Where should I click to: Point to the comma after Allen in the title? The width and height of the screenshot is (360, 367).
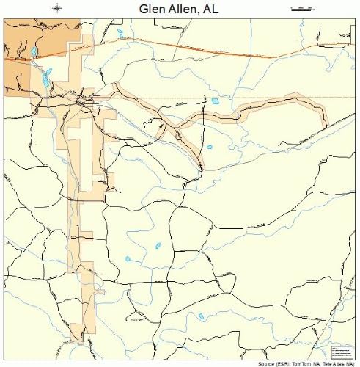(x=202, y=12)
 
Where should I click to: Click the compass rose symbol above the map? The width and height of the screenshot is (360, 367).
(x=58, y=8)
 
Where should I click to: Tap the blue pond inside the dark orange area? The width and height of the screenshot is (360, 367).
(x=34, y=51)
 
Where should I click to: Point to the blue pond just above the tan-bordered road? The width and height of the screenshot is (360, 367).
(x=216, y=101)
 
